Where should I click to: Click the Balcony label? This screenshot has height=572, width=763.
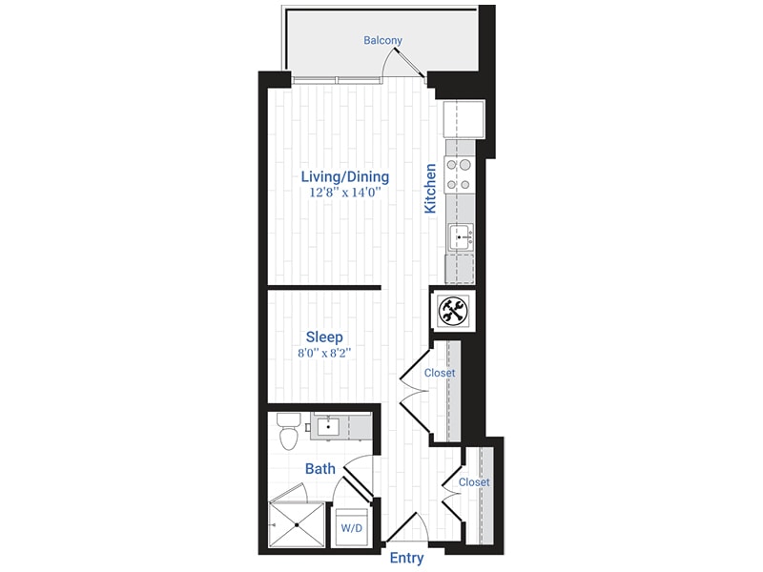tap(382, 40)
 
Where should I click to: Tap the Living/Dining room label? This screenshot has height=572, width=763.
tap(344, 176)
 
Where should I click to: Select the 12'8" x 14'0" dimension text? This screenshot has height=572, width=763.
tap(344, 193)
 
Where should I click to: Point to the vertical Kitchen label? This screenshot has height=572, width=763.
tap(430, 188)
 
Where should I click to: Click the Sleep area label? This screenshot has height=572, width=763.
tap(324, 337)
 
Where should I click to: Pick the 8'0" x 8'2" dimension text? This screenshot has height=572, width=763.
tap(324, 354)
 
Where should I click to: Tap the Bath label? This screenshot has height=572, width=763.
tap(320, 468)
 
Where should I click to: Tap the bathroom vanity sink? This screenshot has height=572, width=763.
tap(328, 425)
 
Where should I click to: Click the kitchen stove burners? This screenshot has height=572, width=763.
tap(459, 174)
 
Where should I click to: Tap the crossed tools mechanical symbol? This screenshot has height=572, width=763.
tap(451, 310)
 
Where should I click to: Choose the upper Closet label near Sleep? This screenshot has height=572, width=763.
tap(440, 373)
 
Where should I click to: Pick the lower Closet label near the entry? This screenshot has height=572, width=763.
tap(474, 482)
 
